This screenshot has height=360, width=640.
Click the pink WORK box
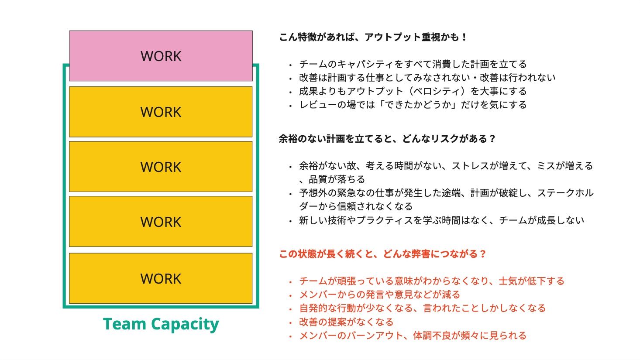coord(161,56)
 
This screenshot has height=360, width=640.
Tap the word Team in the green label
coord(124,324)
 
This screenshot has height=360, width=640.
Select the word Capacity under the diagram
coord(185,325)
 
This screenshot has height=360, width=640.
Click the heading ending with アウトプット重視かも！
coord(373,37)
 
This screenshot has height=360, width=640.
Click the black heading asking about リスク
coord(387,139)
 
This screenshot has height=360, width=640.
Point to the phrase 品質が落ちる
coord(337,180)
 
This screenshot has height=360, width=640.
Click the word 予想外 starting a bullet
coord(313,193)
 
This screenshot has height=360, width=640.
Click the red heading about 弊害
coord(382,254)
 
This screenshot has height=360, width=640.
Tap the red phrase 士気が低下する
coord(531,281)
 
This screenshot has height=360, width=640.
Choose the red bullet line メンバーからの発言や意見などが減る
coord(379,295)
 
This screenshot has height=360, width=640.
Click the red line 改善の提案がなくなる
coord(346,322)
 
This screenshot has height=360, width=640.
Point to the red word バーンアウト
coord(375,336)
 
